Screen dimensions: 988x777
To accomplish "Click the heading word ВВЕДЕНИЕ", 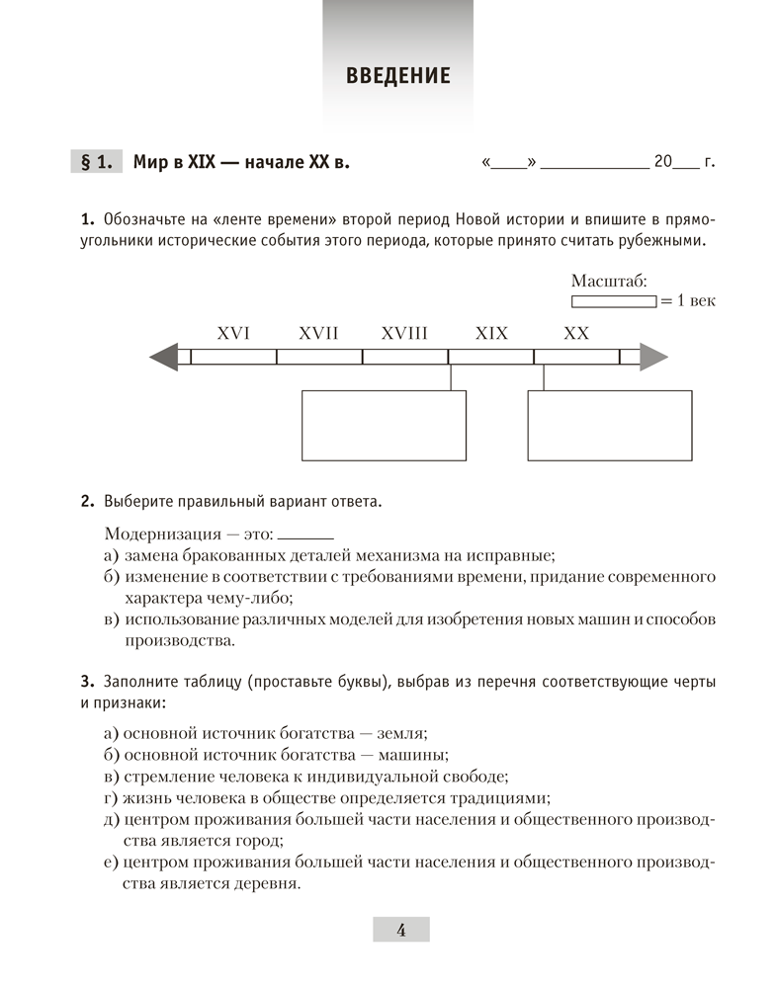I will (398, 76).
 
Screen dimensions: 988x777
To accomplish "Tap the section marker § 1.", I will (96, 162).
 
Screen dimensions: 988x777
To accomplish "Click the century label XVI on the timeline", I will (233, 334).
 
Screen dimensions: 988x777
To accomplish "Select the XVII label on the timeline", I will (318, 334).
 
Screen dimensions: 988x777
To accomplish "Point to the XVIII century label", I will (404, 334).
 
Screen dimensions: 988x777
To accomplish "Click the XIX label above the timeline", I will (491, 334).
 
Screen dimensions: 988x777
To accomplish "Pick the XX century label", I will (576, 334).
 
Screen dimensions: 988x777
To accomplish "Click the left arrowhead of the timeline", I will (164, 357).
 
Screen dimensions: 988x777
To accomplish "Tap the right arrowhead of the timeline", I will (653, 357).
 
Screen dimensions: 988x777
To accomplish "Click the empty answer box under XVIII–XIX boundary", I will (383, 426).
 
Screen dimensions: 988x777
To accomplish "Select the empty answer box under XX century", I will (609, 426).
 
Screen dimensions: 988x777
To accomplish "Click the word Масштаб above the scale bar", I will (609, 282).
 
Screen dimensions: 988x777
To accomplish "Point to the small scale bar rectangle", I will (613, 300).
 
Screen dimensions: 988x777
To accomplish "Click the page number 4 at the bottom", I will (400, 929).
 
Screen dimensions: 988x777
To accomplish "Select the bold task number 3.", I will (87, 681).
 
